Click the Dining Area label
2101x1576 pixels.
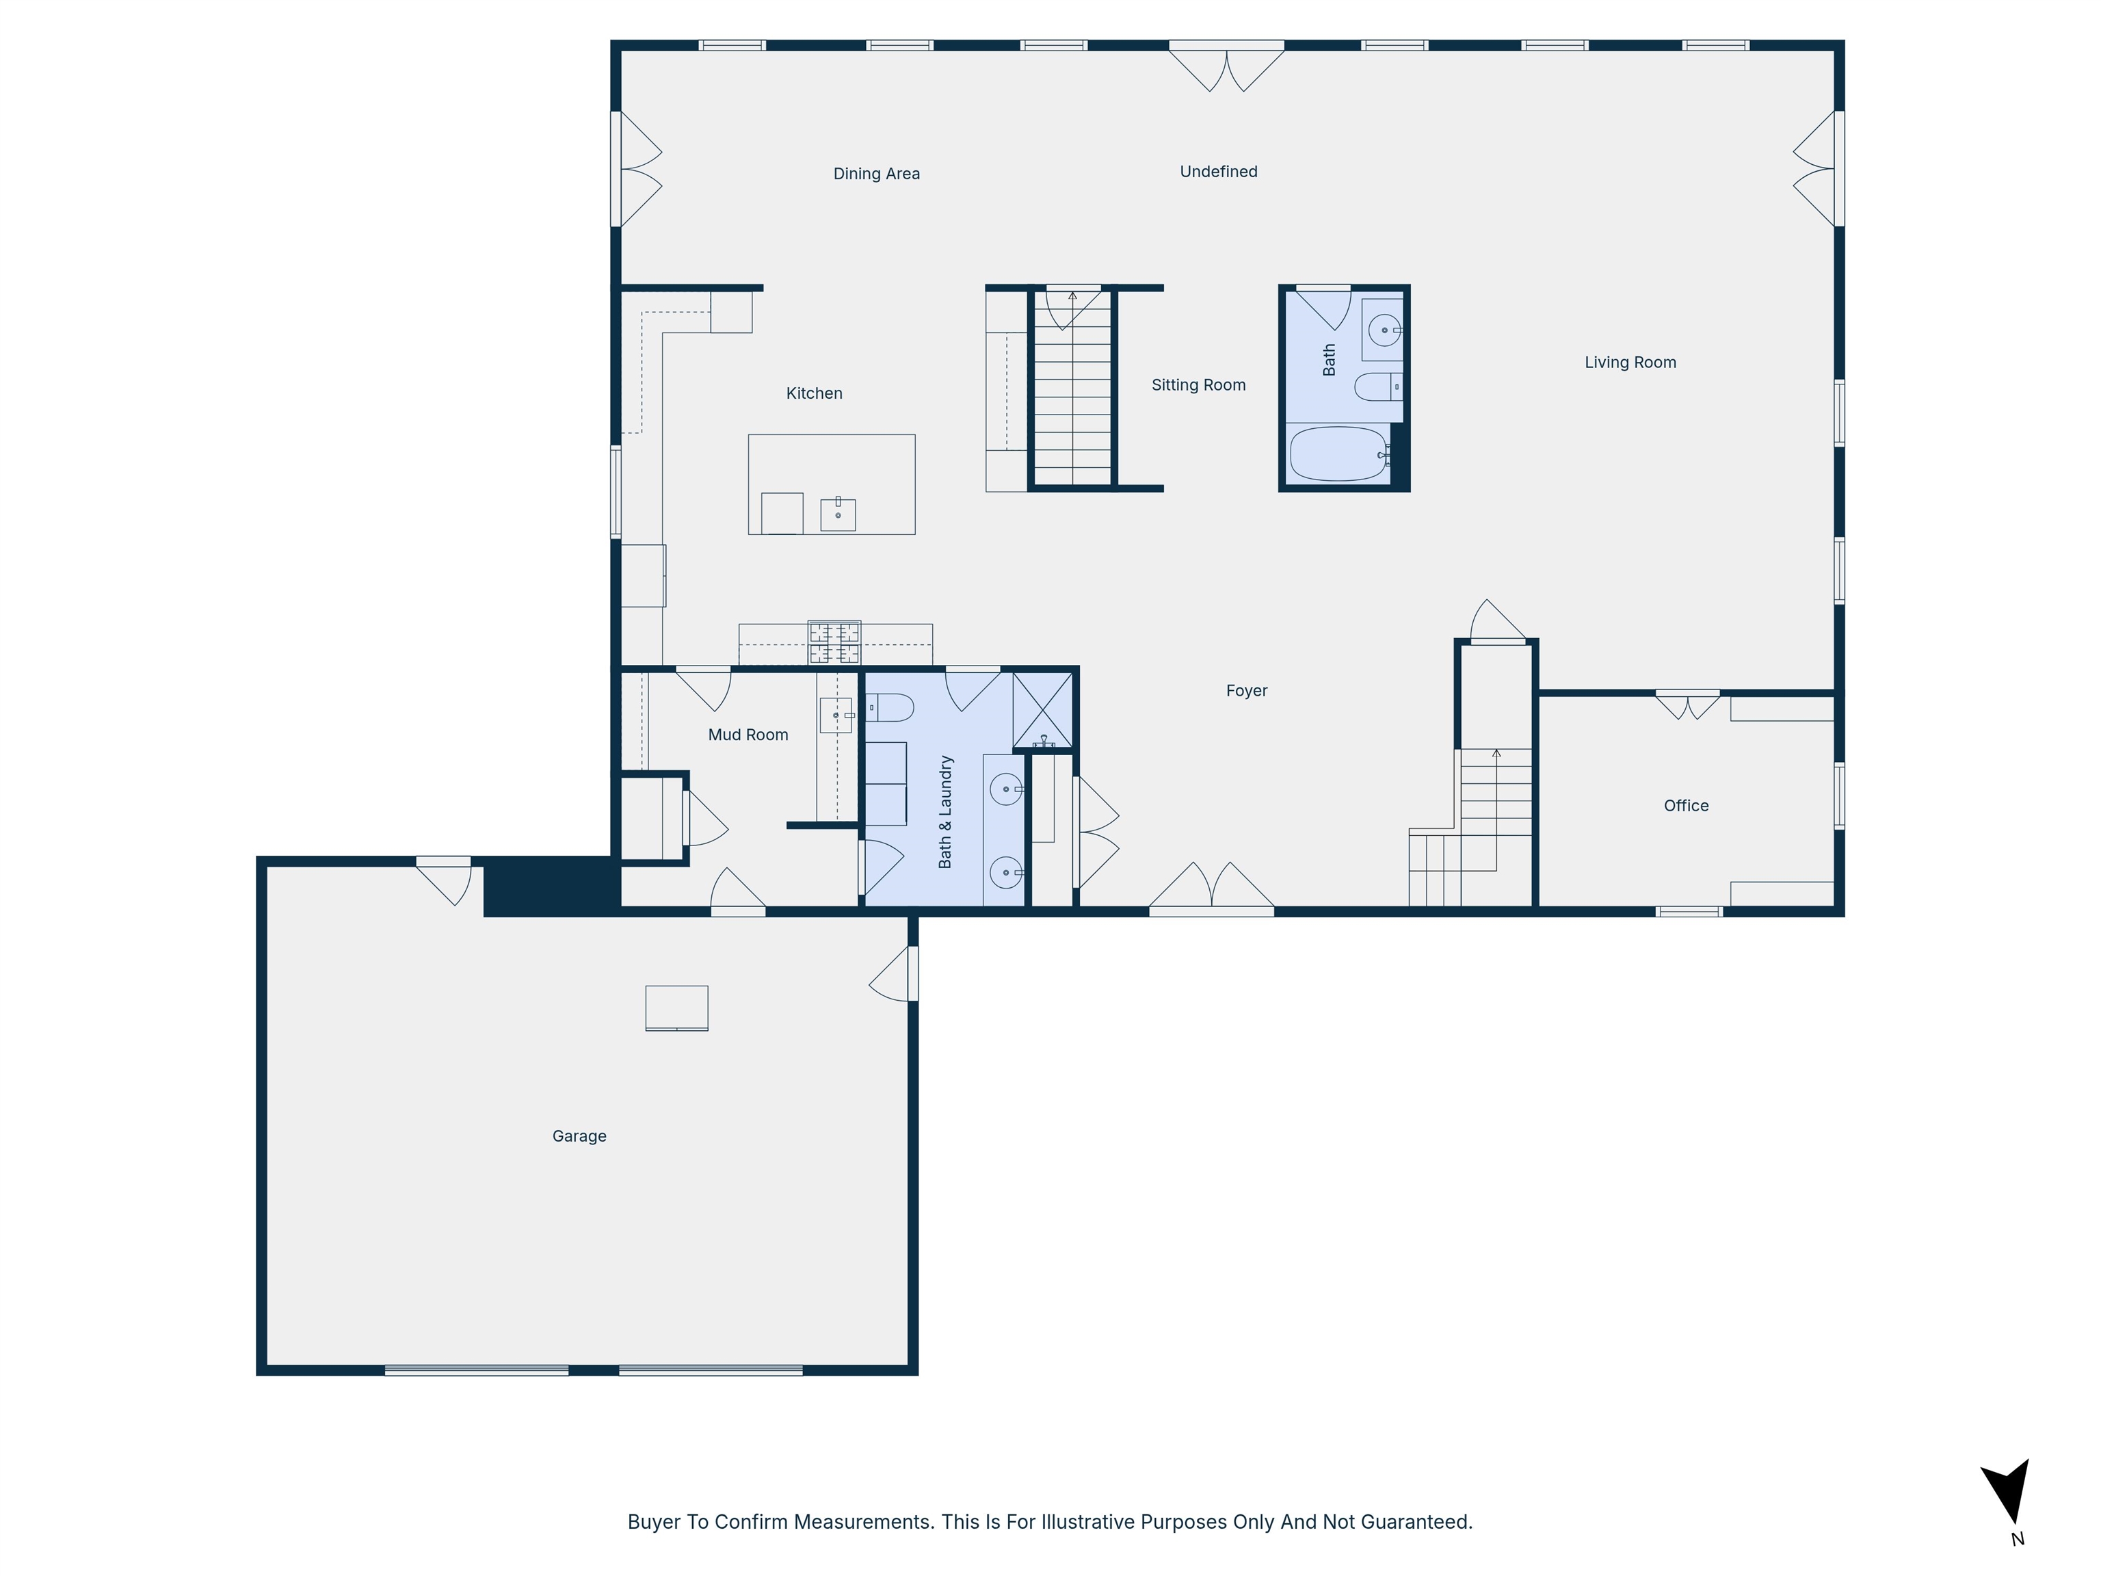tap(875, 174)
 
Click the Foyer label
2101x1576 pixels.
tap(1246, 692)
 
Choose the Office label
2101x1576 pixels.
tap(1685, 806)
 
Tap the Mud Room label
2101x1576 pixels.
tap(748, 735)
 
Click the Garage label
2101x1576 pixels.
tap(579, 1136)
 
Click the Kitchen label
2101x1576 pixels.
tap(814, 394)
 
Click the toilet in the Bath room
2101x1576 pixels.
tap(1377, 388)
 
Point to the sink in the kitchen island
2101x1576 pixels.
tap(838, 514)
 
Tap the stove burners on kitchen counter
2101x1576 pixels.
tap(834, 643)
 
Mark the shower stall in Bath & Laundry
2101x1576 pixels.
tap(1042, 709)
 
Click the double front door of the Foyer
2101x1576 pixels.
tap(1211, 889)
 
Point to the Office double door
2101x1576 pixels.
tap(1687, 704)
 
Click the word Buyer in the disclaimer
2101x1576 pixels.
tap(653, 1522)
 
